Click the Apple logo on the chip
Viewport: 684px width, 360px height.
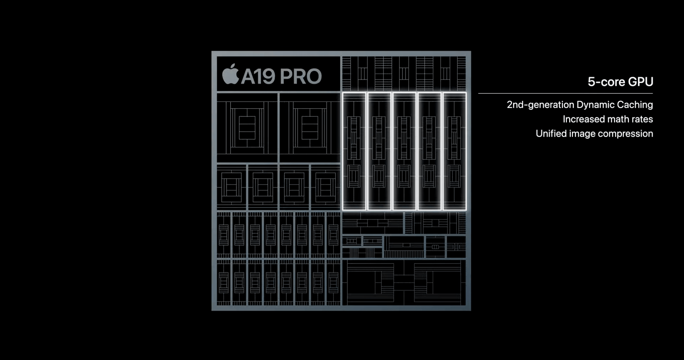(x=230, y=74)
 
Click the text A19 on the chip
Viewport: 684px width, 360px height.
(x=258, y=76)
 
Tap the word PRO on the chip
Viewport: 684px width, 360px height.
(x=300, y=76)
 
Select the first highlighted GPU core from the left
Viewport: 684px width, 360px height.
(x=354, y=152)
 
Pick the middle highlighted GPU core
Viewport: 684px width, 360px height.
(x=404, y=152)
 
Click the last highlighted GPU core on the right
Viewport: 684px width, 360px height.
(x=454, y=152)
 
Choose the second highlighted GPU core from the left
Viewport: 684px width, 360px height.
(x=379, y=152)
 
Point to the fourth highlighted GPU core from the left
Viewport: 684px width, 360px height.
(x=429, y=152)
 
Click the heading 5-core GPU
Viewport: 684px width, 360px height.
(x=620, y=82)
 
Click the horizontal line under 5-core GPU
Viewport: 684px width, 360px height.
(x=565, y=93)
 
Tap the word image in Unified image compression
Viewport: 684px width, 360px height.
(x=582, y=134)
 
